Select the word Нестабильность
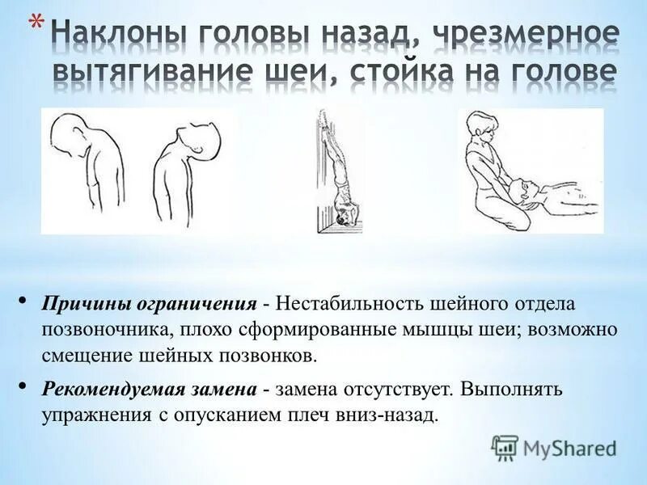tap(347, 306)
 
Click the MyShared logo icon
tap(504, 447)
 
